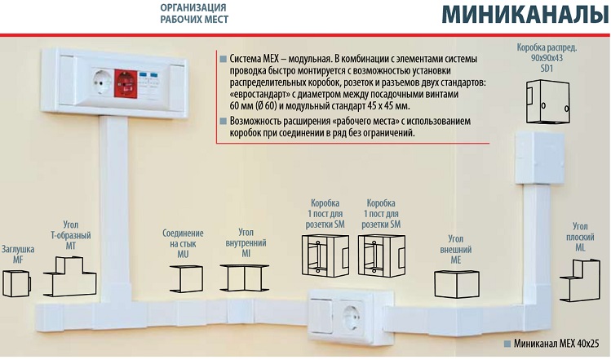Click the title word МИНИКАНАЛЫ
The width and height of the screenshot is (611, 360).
pos(525,16)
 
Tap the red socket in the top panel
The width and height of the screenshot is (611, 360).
pos(126,84)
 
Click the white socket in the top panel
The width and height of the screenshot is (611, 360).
pos(103,82)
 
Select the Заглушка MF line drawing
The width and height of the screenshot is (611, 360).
pos(17,283)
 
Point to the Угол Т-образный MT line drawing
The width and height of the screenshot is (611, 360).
pos(70,276)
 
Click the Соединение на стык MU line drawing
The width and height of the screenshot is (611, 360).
pos(186,278)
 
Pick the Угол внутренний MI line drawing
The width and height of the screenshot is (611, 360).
pos(245,278)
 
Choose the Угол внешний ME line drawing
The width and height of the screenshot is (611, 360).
pos(457,284)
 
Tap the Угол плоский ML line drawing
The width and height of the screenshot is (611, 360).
pos(580,280)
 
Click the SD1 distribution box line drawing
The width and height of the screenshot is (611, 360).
pos(548,102)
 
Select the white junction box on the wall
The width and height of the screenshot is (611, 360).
pos(540,158)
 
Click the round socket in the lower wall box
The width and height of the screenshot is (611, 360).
pos(352,318)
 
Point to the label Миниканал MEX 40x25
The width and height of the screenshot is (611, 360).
pos(556,344)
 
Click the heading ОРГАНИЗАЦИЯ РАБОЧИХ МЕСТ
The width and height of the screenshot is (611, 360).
pos(194,13)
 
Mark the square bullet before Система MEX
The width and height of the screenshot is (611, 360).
pos(223,59)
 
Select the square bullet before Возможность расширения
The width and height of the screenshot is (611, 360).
pos(223,122)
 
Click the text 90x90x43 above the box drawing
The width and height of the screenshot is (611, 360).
pos(547,58)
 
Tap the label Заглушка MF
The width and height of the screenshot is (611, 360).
pos(18,254)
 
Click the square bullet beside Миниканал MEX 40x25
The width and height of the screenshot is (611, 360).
pos(507,344)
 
